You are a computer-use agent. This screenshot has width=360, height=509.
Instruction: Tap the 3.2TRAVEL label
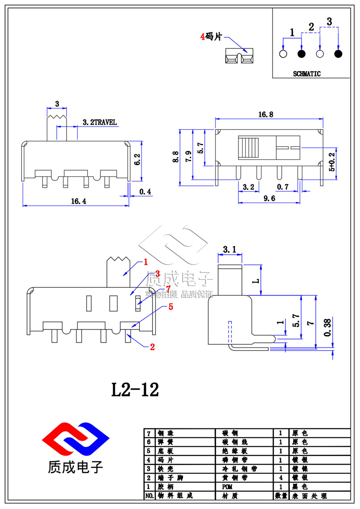tap(99, 122)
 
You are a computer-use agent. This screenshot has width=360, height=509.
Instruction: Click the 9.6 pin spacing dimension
tap(268, 198)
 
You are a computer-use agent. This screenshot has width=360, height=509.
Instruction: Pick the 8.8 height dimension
tap(175, 157)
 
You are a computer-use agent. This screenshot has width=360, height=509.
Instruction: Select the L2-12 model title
tap(135, 390)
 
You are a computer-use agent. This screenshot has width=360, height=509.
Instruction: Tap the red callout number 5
tap(171, 307)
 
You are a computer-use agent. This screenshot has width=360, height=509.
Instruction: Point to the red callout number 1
tap(145, 261)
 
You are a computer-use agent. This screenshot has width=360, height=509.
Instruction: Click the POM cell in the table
tap(228, 487)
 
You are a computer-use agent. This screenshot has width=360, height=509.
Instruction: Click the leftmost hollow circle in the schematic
tap(283, 54)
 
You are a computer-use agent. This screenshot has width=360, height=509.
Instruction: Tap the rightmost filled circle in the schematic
tap(338, 54)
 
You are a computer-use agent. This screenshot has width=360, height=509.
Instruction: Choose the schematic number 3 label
tap(329, 21)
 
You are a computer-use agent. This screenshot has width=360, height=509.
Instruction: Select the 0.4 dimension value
tap(145, 192)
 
